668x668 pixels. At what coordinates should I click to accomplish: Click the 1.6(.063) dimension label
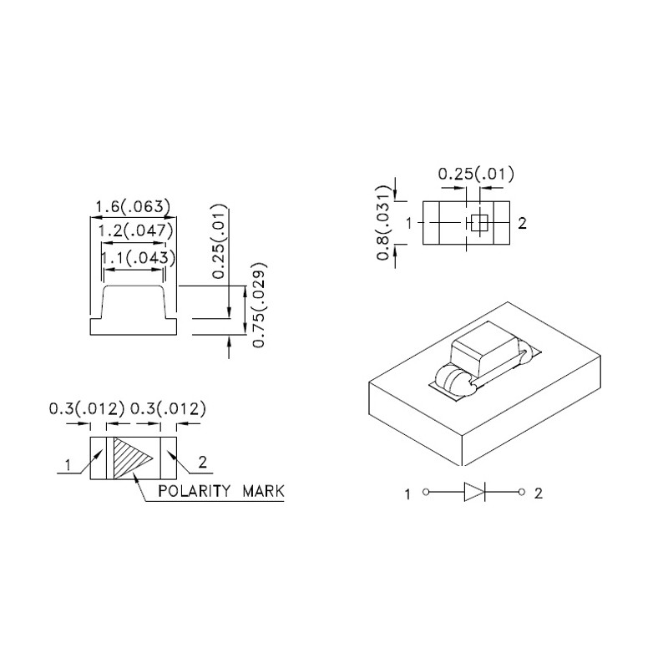[132, 207]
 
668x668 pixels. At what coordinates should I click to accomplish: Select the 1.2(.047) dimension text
[136, 231]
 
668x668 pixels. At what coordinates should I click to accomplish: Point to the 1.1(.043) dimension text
[138, 258]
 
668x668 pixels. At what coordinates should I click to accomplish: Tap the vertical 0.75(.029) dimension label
[260, 306]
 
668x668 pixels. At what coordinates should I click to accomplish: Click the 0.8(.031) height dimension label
[384, 223]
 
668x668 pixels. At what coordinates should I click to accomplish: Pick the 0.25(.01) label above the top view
[476, 174]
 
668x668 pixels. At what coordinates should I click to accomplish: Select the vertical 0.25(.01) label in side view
[219, 241]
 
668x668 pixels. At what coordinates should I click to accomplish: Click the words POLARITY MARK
[221, 491]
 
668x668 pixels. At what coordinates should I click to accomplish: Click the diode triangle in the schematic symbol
[473, 492]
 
